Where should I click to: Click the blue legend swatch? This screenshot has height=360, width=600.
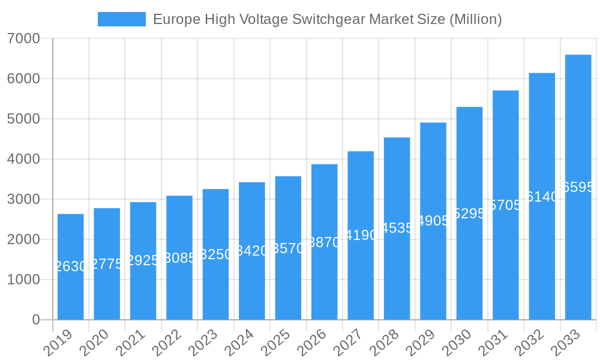(x=121, y=19)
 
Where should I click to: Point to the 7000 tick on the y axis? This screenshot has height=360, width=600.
(x=23, y=38)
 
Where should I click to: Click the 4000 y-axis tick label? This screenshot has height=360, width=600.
(x=23, y=159)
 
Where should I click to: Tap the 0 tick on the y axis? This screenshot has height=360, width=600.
(x=36, y=320)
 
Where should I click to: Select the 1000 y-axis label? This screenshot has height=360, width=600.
(x=23, y=280)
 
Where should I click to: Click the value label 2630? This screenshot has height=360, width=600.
(x=71, y=266)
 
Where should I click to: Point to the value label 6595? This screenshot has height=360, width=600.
(x=578, y=187)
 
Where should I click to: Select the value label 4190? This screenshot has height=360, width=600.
(x=361, y=235)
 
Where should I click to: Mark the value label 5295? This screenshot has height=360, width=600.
(x=470, y=213)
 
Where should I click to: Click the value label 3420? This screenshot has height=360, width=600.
(x=252, y=251)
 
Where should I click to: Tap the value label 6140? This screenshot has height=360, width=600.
(x=542, y=196)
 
